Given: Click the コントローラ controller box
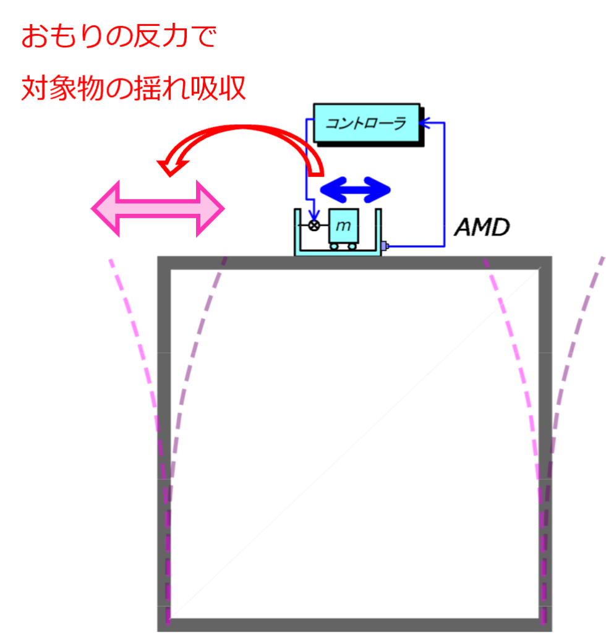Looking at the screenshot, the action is coord(367,123).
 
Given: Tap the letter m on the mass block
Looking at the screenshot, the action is coord(343,226).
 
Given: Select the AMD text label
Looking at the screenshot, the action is coord(482,227).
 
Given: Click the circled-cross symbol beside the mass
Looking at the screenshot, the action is coord(314,225).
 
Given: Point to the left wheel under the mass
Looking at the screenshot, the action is coord(334,246).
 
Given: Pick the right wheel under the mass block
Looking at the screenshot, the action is coord(352,246).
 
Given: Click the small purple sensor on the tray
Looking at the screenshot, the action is coord(384,245).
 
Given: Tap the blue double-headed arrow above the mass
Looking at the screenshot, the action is coord(356,190).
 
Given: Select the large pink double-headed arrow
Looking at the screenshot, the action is coord(158,209).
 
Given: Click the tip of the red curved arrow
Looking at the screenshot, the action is coord(170,176).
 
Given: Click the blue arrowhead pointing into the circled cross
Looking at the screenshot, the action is coord(314,217).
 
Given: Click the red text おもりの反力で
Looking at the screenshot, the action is coord(119,36).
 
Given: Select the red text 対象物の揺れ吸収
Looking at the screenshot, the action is coord(133,88).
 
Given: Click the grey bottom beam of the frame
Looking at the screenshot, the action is coord(354,625).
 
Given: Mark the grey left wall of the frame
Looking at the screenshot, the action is coord(164,444).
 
